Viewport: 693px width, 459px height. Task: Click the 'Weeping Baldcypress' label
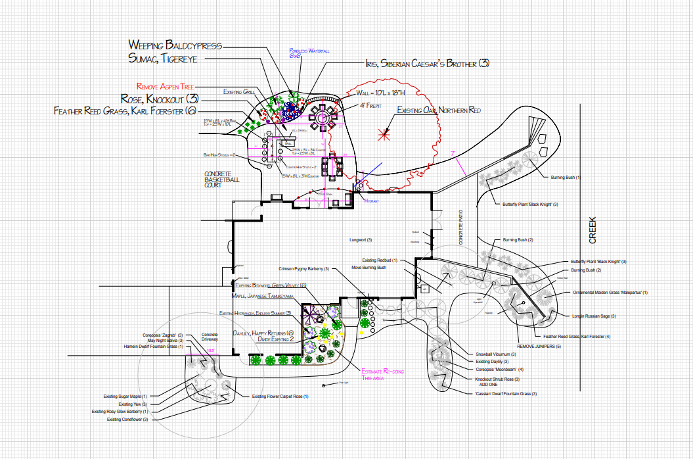tap(175, 45)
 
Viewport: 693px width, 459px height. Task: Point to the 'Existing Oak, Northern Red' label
tap(438, 110)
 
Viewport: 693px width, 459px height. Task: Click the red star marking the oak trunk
tap(383, 135)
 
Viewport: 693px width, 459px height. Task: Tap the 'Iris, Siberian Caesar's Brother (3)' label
tap(428, 64)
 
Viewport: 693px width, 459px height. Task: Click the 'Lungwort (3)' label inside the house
tap(361, 240)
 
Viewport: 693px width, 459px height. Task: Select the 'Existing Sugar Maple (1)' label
tap(125, 396)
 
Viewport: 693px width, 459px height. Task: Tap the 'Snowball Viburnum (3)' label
tap(498, 354)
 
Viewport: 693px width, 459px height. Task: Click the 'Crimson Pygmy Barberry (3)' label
tap(303, 269)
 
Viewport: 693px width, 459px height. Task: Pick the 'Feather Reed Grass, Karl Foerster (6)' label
tap(125, 111)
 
